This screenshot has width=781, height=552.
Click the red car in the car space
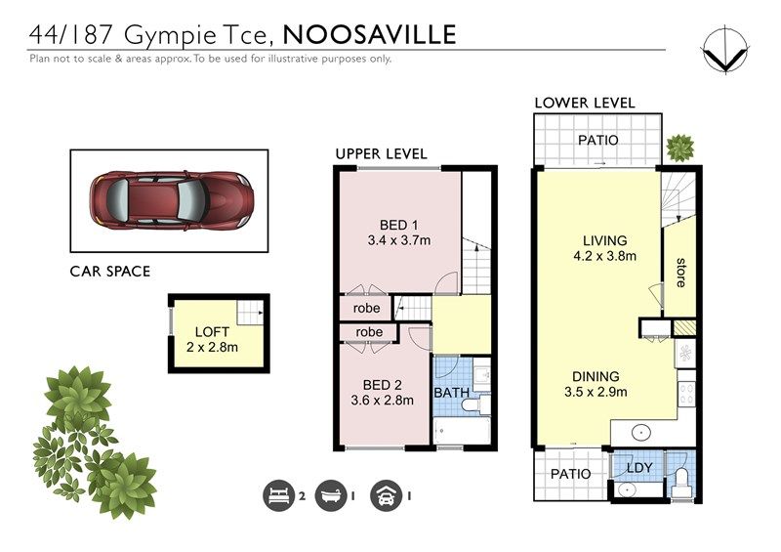[x=172, y=200]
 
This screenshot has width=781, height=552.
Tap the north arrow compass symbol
[x=725, y=51]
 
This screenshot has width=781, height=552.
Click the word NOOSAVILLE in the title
[x=370, y=35]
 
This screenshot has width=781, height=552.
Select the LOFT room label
[x=212, y=331]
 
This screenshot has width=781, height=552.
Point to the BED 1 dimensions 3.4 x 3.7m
[x=399, y=240]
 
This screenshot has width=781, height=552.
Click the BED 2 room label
[x=382, y=385]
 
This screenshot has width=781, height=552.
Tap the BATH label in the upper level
[x=452, y=393]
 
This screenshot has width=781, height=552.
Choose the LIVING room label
[x=604, y=241]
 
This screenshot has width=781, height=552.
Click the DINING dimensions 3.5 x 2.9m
[x=596, y=392]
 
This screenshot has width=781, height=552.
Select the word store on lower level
[x=680, y=273]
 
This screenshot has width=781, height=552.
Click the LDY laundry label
[x=639, y=468]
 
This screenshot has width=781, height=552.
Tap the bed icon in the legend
[x=278, y=495]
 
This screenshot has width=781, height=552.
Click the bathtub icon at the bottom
[x=331, y=495]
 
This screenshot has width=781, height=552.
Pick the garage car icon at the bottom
[x=386, y=495]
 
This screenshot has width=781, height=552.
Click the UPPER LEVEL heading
[x=381, y=154]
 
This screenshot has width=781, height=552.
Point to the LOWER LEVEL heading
[x=585, y=104]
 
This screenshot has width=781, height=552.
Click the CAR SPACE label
[x=110, y=272]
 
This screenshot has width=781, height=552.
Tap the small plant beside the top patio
[x=679, y=148]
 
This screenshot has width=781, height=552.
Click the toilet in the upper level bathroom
[x=473, y=404]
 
